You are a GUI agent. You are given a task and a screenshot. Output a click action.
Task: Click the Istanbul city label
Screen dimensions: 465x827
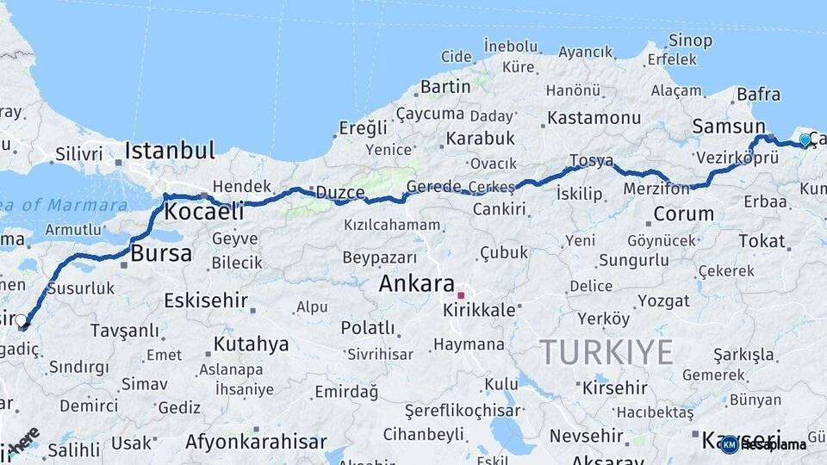click(x=169, y=151)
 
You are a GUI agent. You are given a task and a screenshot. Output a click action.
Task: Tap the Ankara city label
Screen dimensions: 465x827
click(x=416, y=283)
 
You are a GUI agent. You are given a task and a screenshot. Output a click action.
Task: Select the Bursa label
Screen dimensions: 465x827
click(x=161, y=253)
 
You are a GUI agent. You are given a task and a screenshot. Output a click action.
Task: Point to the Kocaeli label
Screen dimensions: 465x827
click(x=204, y=211)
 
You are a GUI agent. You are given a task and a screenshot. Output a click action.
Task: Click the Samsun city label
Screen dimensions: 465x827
click(x=729, y=127)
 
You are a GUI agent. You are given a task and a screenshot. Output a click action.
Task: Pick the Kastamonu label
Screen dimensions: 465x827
click(x=594, y=117)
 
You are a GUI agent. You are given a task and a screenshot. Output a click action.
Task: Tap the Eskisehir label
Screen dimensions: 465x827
click(x=206, y=301)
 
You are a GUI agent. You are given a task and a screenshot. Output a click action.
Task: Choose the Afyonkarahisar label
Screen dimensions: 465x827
click(x=256, y=442)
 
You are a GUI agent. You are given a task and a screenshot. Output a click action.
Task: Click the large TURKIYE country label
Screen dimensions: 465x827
click(x=606, y=352)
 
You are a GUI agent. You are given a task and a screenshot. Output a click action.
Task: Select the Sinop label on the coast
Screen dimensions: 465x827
click(x=690, y=40)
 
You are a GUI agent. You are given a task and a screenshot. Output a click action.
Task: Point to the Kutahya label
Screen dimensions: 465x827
click(x=251, y=344)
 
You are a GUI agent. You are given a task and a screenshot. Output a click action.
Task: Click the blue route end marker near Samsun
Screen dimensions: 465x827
click(x=805, y=139)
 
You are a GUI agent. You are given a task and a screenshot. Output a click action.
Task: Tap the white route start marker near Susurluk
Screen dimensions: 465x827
click(x=22, y=322)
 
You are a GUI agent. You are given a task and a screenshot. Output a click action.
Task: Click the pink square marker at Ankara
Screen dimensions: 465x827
click(x=461, y=295)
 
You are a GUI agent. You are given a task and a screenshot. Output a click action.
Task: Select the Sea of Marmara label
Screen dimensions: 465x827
click(x=65, y=205)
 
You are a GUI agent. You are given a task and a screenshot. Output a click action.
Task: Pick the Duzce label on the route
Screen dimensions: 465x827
click(x=339, y=192)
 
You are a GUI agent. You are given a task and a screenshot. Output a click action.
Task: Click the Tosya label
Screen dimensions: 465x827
click(x=591, y=161)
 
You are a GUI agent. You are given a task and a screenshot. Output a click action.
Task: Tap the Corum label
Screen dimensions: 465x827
click(x=683, y=214)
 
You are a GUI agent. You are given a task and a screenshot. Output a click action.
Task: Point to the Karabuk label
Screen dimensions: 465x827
click(x=480, y=138)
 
